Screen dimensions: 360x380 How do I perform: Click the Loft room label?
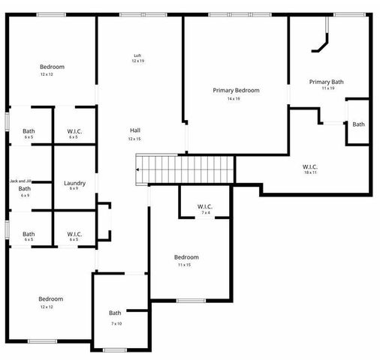coord(137,55)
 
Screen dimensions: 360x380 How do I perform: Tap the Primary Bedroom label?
coord(236,90)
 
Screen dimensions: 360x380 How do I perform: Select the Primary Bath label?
coord(327,81)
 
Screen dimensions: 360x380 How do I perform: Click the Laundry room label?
coord(74,183)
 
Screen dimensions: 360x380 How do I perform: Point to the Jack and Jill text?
coord(20,181)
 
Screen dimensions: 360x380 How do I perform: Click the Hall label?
coord(135,130)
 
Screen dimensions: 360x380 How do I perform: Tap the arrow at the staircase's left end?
coord(139,170)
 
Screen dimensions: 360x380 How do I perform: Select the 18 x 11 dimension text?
coord(310,172)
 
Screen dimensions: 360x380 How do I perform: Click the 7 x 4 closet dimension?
coord(206,213)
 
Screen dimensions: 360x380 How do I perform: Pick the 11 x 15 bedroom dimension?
coord(185,265)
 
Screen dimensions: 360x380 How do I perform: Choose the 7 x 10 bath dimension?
coord(116,323)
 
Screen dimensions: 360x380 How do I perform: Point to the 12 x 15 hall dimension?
coord(134,139)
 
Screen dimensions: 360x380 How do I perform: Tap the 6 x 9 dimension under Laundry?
coord(74,189)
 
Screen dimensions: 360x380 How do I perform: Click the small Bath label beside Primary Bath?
coord(358,124)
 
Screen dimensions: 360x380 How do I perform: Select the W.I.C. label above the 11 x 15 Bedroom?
coord(206,206)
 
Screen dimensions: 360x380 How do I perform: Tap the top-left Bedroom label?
coord(52,67)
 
